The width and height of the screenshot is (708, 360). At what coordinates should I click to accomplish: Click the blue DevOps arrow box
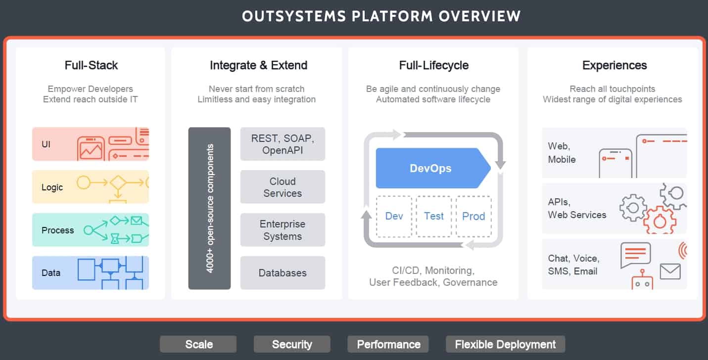pyautogui.click(x=433, y=168)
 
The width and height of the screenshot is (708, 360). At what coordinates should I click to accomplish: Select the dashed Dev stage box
pyautogui.click(x=394, y=216)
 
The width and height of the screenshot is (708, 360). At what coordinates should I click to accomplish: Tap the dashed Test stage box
pyautogui.click(x=433, y=216)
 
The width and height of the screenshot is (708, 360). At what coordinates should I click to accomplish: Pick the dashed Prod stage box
pyautogui.click(x=473, y=216)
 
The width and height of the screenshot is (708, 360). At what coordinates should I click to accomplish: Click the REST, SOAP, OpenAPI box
pyautogui.click(x=283, y=144)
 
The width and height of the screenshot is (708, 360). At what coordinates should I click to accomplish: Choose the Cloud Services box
pyautogui.click(x=283, y=187)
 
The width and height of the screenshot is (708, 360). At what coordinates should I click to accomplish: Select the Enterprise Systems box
pyautogui.click(x=283, y=230)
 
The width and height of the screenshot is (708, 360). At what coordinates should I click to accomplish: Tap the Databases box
pyautogui.click(x=283, y=273)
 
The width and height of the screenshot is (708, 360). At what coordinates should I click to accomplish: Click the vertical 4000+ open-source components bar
pyautogui.click(x=210, y=208)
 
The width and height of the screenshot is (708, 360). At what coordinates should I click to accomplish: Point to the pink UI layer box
pyautogui.click(x=91, y=144)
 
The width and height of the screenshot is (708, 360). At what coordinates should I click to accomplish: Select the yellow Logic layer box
pyautogui.click(x=91, y=187)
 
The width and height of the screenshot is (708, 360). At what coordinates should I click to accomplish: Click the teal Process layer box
pyautogui.click(x=91, y=230)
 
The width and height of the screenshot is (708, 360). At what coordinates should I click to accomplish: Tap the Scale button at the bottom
pyautogui.click(x=198, y=344)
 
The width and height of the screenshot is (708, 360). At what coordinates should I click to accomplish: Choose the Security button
pyautogui.click(x=292, y=344)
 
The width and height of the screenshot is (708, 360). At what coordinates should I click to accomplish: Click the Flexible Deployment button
pyautogui.click(x=506, y=344)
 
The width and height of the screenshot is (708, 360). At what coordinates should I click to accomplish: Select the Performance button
pyautogui.click(x=388, y=344)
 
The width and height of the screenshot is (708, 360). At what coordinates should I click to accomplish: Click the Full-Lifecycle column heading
pyautogui.click(x=433, y=65)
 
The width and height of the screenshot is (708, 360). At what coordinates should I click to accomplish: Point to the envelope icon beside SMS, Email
pyautogui.click(x=670, y=271)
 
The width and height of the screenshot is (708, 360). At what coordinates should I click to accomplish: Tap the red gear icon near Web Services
pyautogui.click(x=660, y=220)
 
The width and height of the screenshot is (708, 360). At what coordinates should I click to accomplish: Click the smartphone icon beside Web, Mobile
pyautogui.click(x=615, y=163)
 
